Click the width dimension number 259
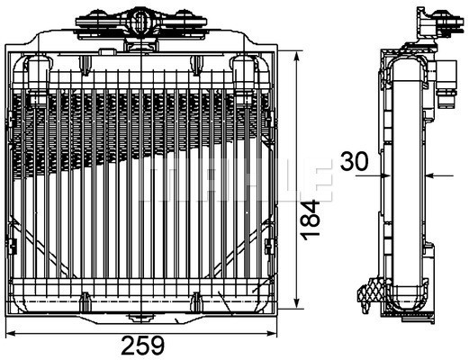[143, 344]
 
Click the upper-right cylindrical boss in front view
[244, 67]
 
